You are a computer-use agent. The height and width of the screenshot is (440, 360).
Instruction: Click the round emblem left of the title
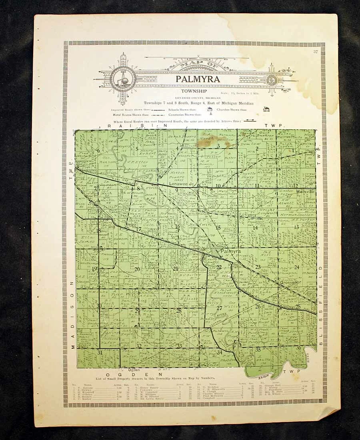click(123, 78)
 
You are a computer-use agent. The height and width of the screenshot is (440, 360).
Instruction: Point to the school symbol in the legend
click(210, 109)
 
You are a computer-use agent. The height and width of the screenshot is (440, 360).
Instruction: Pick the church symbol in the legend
click(266, 109)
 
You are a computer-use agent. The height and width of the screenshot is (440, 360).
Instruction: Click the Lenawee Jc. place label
click(181, 184)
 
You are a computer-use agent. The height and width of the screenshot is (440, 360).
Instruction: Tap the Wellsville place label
click(306, 192)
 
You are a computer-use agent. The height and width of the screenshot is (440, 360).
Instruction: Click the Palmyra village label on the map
click(230, 251)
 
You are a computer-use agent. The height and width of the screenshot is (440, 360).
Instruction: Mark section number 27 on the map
click(219, 308)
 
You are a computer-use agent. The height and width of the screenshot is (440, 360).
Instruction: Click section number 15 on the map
click(218, 227)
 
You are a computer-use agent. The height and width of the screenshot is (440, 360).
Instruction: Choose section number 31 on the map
click(100, 352)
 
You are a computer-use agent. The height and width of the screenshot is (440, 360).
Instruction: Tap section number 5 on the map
click(137, 148)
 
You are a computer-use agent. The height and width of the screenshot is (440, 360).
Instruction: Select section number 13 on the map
click(296, 227)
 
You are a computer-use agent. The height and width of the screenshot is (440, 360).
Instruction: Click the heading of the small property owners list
click(156, 378)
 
